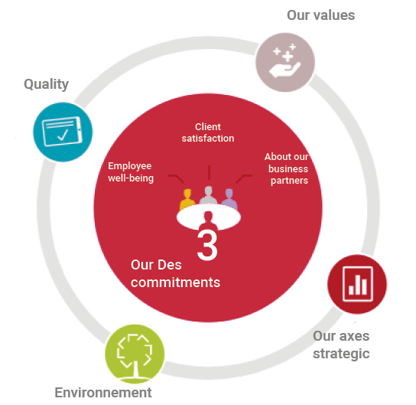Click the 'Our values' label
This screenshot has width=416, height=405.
coord(320,15)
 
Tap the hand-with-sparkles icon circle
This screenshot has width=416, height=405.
coord(285,62)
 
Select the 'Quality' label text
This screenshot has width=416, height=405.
coord(46,84)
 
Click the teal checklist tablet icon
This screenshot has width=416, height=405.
coord(63,132)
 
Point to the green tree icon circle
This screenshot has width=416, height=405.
coord(135,354)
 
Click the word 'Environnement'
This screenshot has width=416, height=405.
coord(103,393)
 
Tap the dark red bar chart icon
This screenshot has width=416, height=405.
coord(357,284)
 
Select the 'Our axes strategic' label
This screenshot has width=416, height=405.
coord(341,345)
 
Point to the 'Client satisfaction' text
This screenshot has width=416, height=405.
coord(208,132)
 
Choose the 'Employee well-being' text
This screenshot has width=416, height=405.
coord(131,171)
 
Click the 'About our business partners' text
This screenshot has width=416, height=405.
coord(287,168)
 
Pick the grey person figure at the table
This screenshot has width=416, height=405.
coord(209,195)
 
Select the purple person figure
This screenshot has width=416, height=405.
coord(229,198)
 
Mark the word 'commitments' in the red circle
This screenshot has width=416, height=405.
coord(175,282)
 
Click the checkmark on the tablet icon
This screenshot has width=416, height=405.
coord(63,135)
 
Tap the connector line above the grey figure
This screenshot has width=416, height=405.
coord(209,172)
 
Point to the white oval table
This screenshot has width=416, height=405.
coord(209,216)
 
